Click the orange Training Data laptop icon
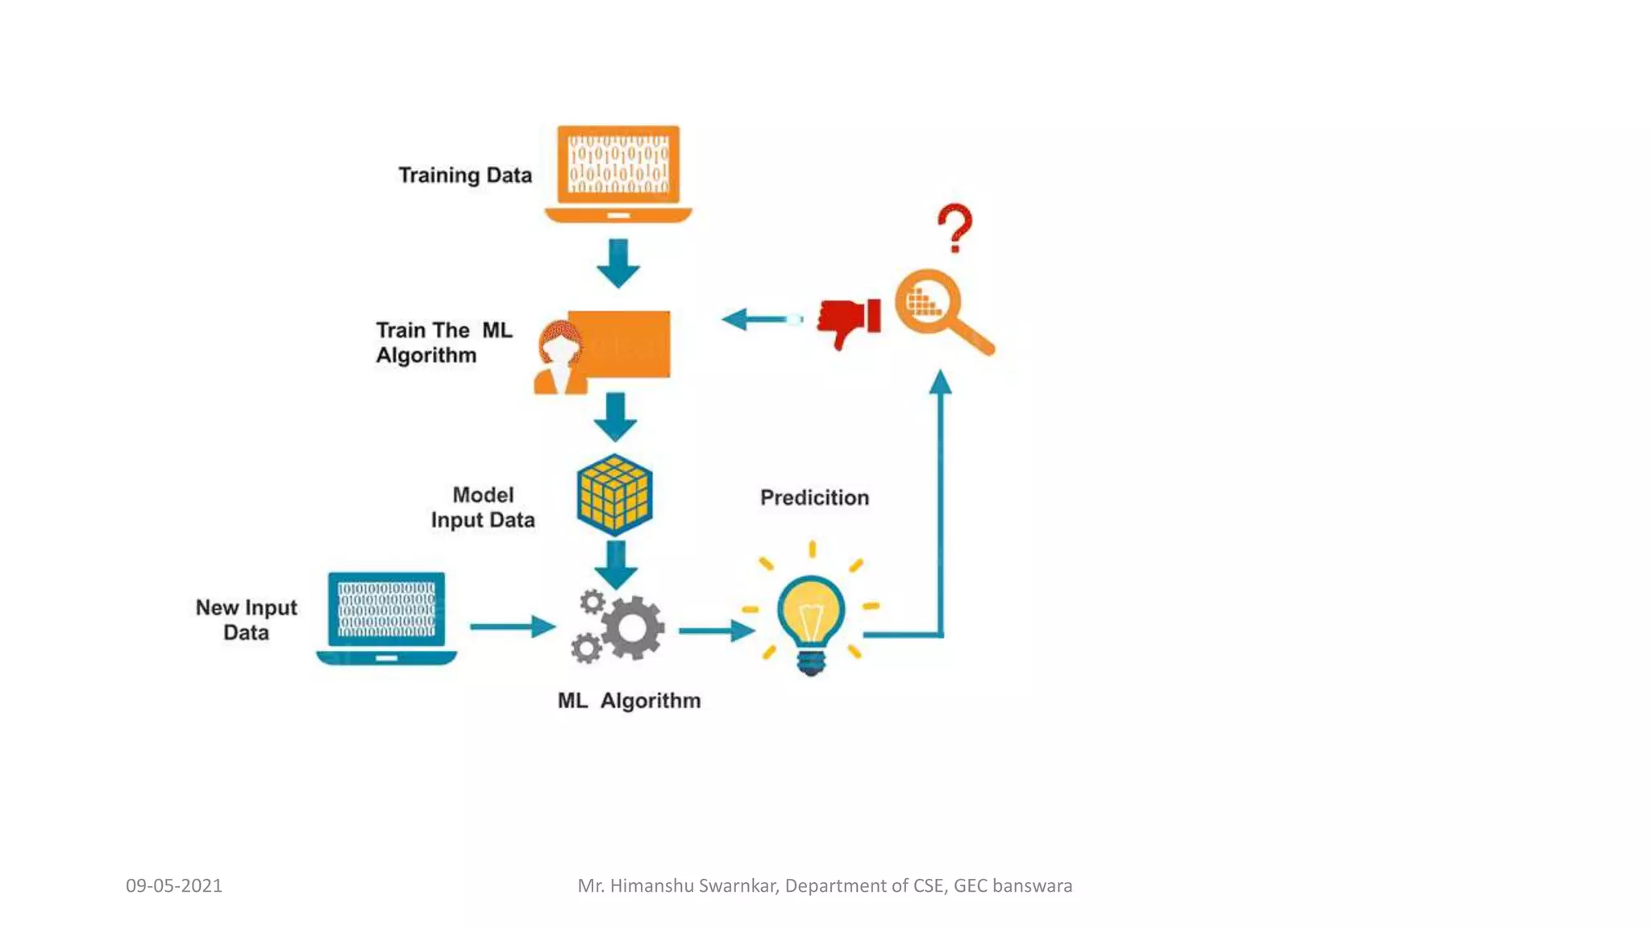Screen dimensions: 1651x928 618,172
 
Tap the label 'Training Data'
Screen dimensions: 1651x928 465,176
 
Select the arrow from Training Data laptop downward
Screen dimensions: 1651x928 618,263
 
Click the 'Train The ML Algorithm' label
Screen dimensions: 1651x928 443,342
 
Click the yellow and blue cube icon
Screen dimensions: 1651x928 614,495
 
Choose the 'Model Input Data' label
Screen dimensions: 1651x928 482,507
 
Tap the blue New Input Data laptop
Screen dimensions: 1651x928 387,617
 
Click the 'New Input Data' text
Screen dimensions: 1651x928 246,619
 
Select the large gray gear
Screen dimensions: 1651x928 634,628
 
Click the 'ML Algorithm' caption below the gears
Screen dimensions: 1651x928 629,701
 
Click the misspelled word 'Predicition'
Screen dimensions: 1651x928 814,498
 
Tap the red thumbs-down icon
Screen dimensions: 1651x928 849,321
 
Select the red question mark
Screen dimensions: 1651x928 955,227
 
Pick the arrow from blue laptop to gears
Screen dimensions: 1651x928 513,626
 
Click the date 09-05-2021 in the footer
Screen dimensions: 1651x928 174,885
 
